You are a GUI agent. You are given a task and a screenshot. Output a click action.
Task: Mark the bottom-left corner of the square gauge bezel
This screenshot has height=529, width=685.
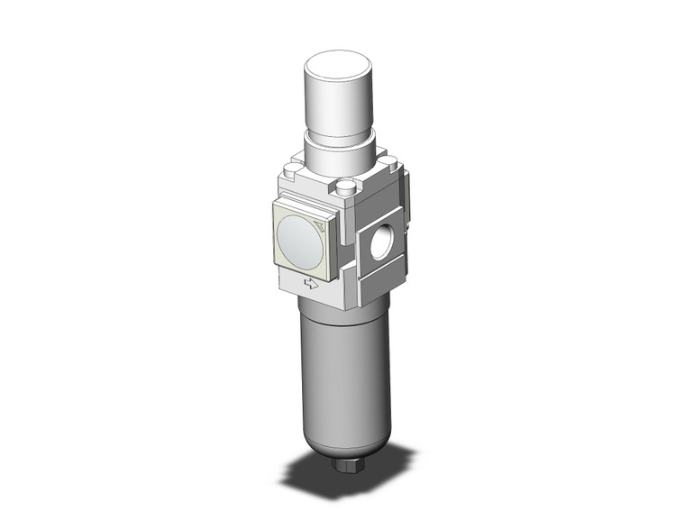point(275,266)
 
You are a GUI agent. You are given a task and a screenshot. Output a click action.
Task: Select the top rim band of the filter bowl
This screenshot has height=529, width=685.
point(339,315)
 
